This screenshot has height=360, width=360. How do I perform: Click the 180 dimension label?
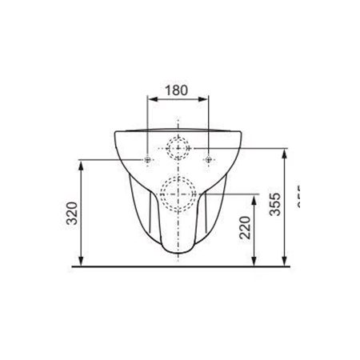pos(176,90)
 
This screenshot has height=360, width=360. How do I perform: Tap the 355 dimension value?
pos(274,206)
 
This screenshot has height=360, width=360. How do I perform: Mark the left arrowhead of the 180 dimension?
pos(150,102)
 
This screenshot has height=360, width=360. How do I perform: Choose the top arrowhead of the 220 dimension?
pos(254,197)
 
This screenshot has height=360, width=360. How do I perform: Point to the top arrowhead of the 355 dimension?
pos(284,152)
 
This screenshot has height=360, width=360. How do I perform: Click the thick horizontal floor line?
pos(184,265)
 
